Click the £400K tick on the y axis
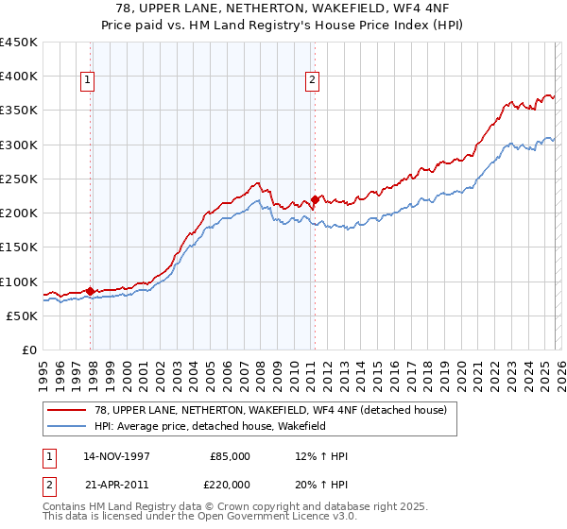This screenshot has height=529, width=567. (19, 77)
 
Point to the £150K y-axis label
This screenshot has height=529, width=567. (19, 247)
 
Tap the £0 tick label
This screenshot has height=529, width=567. (30, 350)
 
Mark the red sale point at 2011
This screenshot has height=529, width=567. (315, 199)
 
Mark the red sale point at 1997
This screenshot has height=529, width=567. (91, 291)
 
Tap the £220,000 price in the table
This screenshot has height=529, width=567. (230, 483)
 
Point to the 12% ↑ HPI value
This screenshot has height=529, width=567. (321, 456)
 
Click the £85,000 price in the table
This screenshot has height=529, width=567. (230, 456)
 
